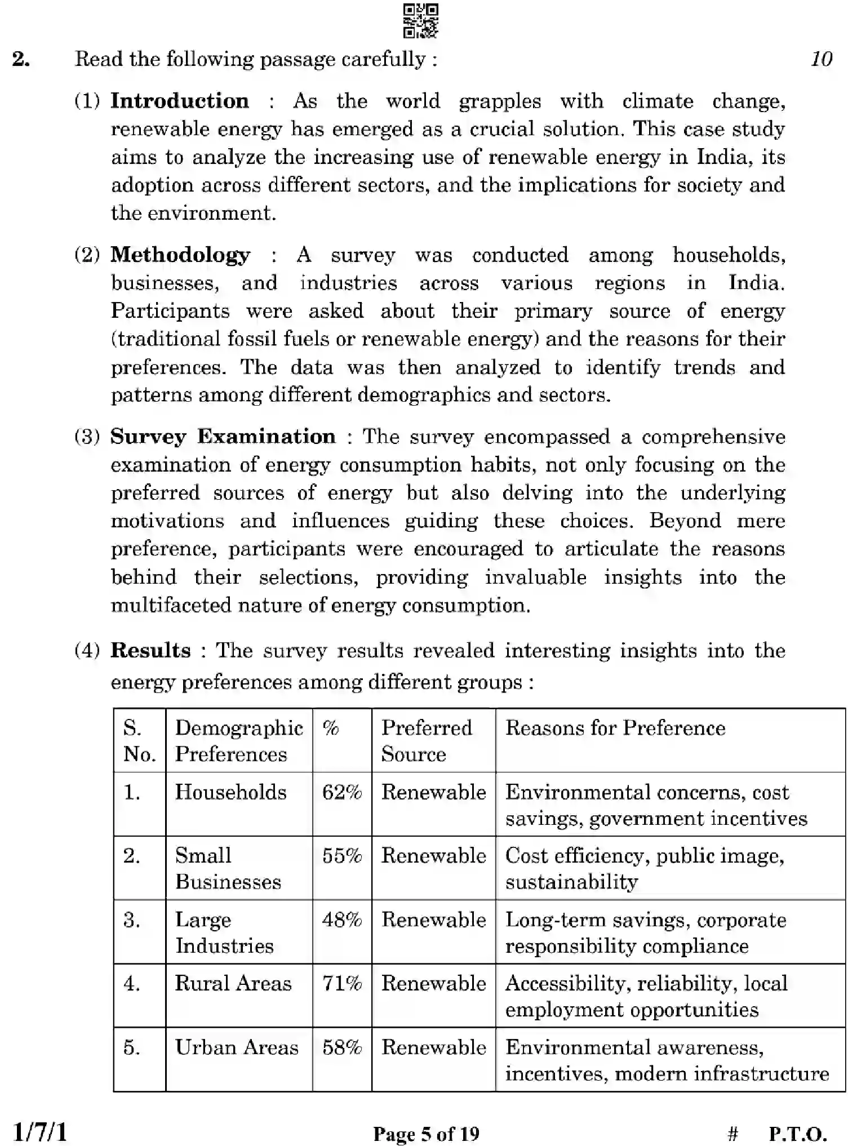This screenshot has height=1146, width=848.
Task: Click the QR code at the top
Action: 421,21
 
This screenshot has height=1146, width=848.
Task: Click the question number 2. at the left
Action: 21,59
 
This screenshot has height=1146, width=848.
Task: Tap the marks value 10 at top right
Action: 821,59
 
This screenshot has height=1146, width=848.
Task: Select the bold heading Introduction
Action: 179,101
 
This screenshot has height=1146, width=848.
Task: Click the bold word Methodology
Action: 180,255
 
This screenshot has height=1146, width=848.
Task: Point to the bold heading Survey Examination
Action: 223,437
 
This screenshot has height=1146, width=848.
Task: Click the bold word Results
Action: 150,650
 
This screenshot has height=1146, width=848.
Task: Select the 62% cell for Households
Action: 341,792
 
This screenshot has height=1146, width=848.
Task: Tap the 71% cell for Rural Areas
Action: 341,983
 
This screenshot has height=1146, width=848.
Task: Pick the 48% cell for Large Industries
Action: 341,920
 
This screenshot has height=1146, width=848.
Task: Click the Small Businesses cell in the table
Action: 228,868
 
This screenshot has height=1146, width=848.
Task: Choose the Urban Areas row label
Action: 237,1047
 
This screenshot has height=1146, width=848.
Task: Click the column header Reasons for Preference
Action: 615,728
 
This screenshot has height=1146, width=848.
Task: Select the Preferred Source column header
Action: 426,740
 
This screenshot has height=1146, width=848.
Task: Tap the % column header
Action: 331,728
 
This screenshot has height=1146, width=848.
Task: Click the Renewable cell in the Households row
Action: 433,792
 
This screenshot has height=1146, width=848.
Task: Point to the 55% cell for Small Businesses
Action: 341,856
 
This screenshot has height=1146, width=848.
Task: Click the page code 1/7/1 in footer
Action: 39,1132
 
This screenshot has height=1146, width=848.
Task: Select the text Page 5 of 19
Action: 426,1134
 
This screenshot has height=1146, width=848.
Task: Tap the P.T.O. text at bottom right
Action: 797,1134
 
